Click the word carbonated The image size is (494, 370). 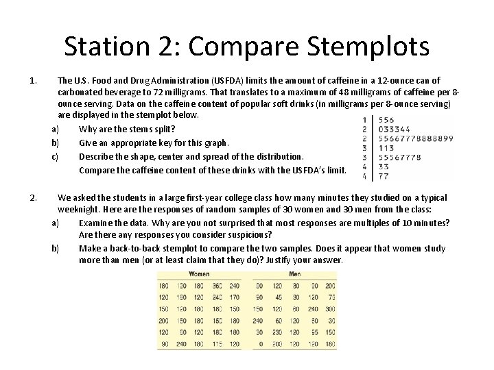tap(81, 91)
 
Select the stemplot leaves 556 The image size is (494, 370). tap(387, 119)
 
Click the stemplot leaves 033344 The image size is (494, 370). tap(394, 129)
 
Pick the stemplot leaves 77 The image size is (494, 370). tap(384, 176)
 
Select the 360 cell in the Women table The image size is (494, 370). tap(217, 285)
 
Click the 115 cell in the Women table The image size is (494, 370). tap(217, 343)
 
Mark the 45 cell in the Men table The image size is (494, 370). tap(278, 297)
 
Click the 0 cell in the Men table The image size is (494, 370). tap(259, 343)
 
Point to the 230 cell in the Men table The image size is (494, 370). tap(278, 332)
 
